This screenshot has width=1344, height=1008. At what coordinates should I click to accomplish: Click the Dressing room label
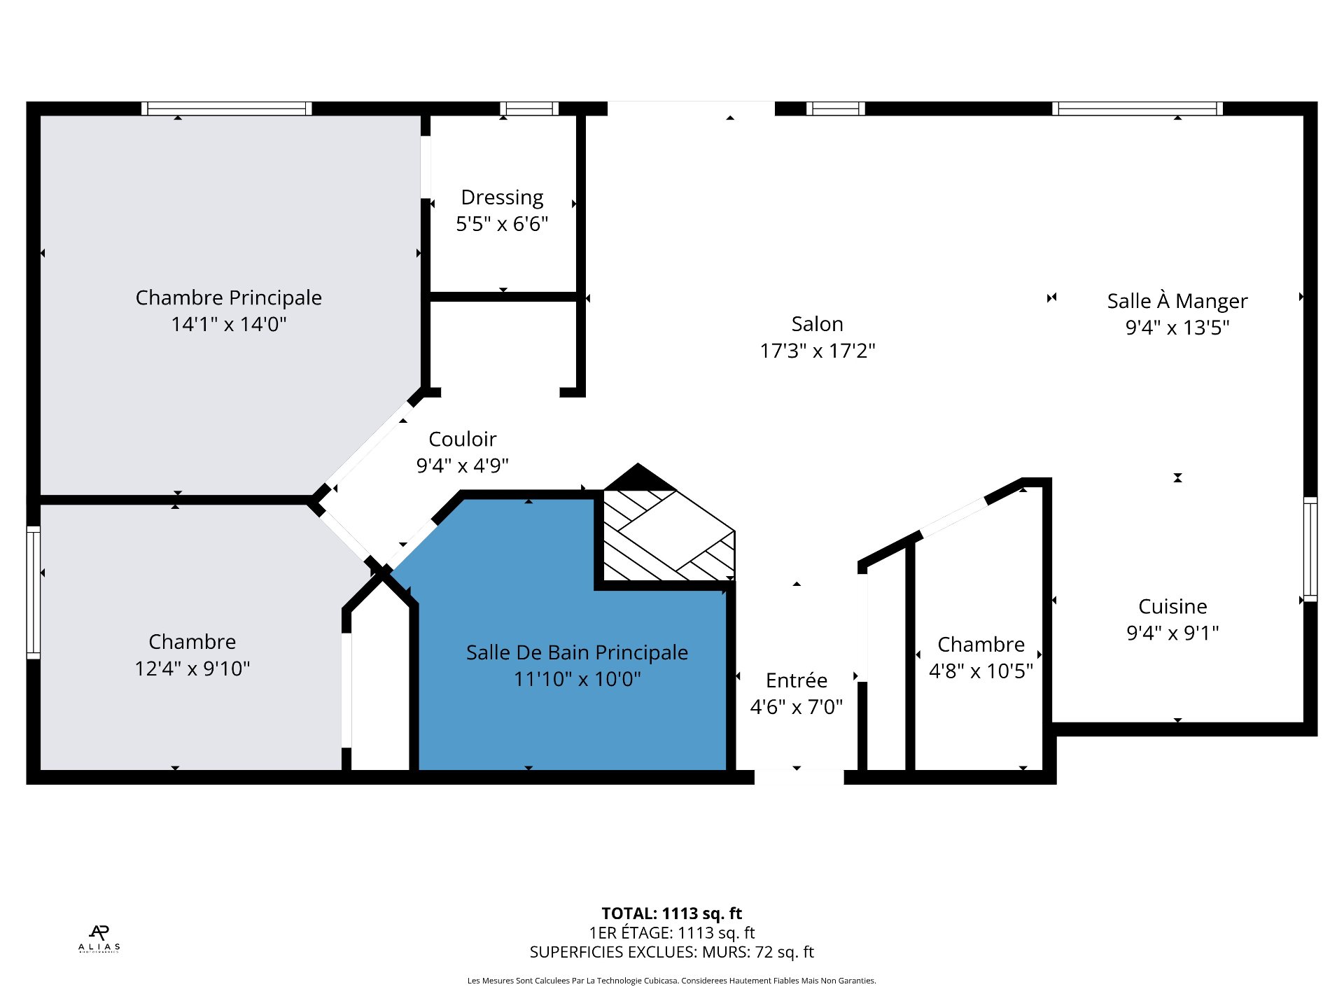(x=502, y=197)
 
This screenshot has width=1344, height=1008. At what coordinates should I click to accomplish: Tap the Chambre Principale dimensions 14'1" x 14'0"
(x=229, y=324)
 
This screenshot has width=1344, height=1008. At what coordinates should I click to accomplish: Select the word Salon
(x=817, y=324)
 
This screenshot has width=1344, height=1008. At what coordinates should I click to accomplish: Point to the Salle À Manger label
(x=1177, y=301)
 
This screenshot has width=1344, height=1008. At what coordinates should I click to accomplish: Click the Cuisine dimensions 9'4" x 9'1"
(x=1172, y=633)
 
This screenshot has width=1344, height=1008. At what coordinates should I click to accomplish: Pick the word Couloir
(x=462, y=439)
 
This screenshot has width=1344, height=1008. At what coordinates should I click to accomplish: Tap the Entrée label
(x=797, y=680)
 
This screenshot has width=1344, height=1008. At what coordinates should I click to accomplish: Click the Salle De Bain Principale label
(x=577, y=652)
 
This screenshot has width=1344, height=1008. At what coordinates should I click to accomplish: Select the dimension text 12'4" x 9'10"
(x=192, y=668)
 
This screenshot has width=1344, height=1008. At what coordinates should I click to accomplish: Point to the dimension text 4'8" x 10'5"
(x=981, y=671)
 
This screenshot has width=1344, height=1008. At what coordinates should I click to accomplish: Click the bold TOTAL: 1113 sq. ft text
(x=671, y=913)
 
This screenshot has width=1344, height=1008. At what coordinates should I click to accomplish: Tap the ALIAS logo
(x=99, y=939)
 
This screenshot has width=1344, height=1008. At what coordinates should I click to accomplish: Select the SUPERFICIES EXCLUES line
(x=671, y=952)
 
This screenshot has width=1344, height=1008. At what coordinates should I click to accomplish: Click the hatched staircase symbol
(x=668, y=535)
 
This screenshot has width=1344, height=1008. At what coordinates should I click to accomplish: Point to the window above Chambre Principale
(x=227, y=108)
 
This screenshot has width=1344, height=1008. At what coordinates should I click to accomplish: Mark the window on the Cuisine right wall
(x=1310, y=549)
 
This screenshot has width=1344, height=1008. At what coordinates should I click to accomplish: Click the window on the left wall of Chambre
(x=33, y=592)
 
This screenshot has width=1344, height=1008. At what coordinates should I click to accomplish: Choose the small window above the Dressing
(x=529, y=108)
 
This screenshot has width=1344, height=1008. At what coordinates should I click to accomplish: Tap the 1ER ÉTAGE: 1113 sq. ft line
(x=671, y=932)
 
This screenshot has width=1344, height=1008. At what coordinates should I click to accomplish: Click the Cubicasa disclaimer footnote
(x=671, y=981)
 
